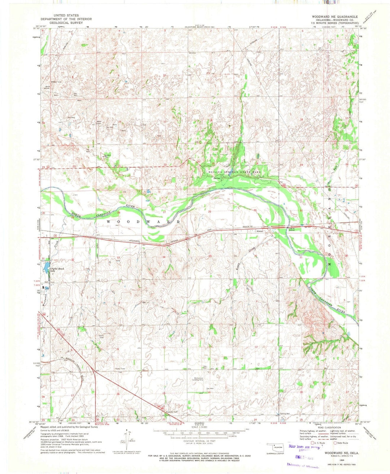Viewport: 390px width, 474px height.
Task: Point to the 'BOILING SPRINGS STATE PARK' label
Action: point(234,172)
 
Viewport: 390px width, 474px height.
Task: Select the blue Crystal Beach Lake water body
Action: point(47,268)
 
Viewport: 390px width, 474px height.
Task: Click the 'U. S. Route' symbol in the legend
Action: point(313,443)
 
